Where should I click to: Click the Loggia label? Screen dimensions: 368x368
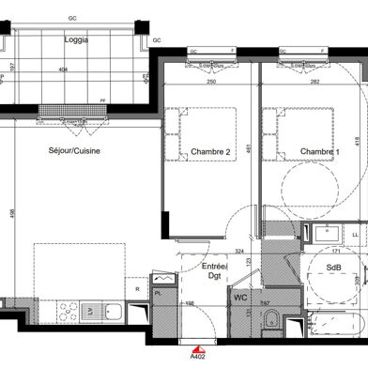[77, 39]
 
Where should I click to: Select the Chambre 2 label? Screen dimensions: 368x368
[210, 152]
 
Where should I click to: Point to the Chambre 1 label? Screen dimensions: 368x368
[320, 152]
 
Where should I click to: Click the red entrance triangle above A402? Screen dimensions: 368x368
[198, 346]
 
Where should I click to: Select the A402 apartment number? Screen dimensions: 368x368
[198, 357]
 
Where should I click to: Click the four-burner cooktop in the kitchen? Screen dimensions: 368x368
[69, 284]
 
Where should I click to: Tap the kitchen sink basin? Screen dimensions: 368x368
[105, 284]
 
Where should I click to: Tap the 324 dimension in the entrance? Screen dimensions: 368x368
[240, 225]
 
